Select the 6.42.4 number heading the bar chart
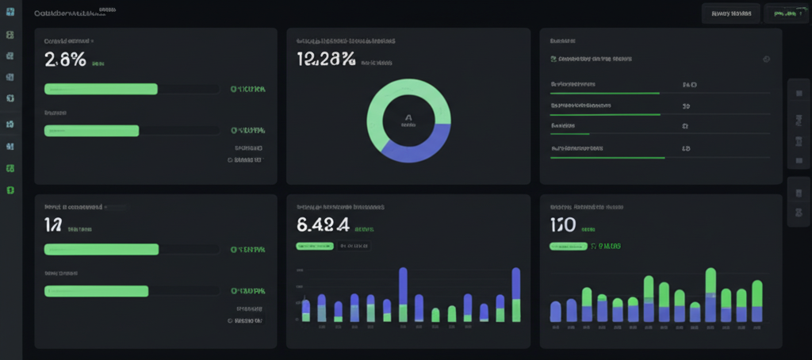tap(323, 224)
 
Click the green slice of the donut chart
tap(389, 99)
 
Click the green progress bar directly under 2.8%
tap(101, 89)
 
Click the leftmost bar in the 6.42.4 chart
tap(306, 309)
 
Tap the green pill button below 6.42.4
tap(315, 246)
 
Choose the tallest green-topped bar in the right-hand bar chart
tap(710, 281)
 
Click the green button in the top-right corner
tap(786, 13)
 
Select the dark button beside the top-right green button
tap(731, 13)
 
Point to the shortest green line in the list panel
tap(569, 135)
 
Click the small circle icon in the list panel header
tap(766, 59)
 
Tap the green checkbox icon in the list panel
tap(553, 59)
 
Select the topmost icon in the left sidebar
tap(10, 36)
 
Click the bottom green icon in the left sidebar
tap(10, 190)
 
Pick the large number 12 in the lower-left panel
tap(53, 224)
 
